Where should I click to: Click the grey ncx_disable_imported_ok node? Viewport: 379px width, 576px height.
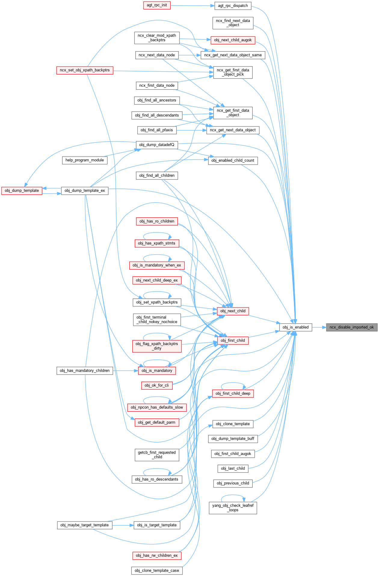[352, 327]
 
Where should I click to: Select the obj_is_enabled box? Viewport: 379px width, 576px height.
[295, 327]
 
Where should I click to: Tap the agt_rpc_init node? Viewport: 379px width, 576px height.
[157, 5]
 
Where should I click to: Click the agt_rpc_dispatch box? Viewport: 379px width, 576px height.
[233, 6]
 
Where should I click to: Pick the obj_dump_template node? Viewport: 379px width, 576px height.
[22, 191]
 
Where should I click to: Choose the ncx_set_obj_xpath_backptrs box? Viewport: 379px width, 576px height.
[85, 70]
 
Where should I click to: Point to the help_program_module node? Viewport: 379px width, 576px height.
[85, 160]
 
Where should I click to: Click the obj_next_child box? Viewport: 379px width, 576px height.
[233, 311]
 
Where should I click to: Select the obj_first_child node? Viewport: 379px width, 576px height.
[233, 341]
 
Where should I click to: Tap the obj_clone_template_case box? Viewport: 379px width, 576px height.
[157, 571]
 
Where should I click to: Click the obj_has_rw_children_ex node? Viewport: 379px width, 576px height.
[157, 556]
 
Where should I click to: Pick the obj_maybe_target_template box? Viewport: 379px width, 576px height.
[85, 525]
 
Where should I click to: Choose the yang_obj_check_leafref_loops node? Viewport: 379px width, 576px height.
[233, 508]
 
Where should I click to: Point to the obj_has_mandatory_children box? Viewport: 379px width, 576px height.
[85, 371]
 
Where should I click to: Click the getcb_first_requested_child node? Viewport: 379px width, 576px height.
[157, 455]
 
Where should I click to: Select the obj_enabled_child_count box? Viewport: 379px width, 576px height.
[233, 160]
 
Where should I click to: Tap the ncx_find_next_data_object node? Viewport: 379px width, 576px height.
[233, 23]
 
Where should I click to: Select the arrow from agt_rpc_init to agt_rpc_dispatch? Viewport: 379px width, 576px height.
[193, 5]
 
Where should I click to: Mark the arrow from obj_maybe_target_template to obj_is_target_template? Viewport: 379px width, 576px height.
[123, 525]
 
